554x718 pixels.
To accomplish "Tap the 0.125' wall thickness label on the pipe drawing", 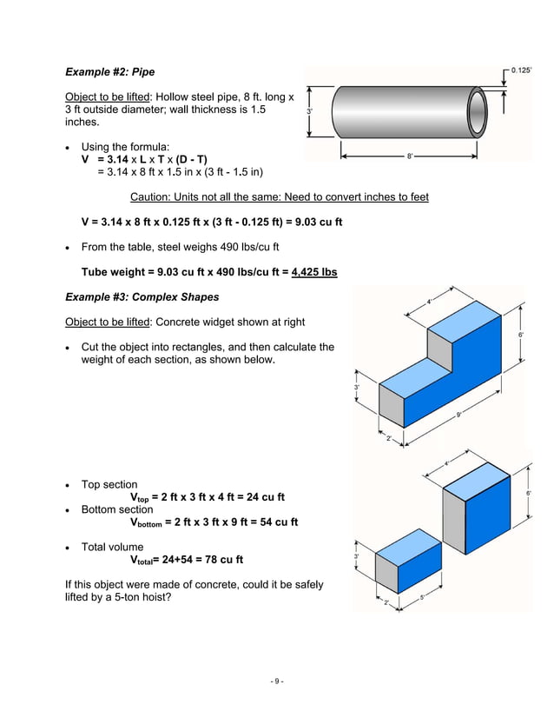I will tap(522, 70).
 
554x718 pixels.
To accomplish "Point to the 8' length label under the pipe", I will tap(410, 156).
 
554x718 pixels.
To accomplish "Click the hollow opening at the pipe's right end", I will tap(478, 110).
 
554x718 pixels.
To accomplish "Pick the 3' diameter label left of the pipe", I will tap(310, 111).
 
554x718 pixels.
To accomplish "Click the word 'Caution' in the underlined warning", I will tap(149, 197).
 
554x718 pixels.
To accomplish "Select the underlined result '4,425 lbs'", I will tap(314, 272).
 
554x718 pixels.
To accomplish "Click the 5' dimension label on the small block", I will tap(422, 596).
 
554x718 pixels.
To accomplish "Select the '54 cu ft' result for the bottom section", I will tap(276, 522).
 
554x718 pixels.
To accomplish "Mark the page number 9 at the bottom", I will tap(276, 681).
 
